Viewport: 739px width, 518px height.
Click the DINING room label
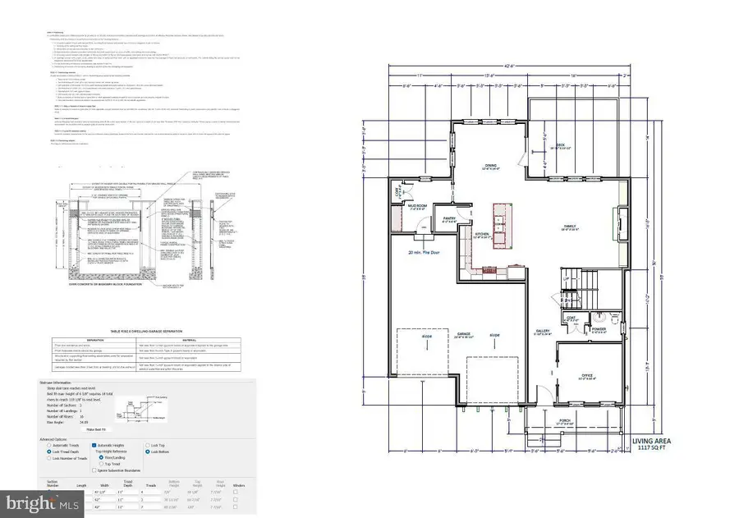point(490,165)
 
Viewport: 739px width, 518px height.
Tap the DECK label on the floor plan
point(561,146)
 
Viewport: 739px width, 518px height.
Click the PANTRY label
point(450,219)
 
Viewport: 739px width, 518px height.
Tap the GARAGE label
point(465,335)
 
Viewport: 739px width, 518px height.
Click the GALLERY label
point(542,332)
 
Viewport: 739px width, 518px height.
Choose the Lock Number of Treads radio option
point(43,458)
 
